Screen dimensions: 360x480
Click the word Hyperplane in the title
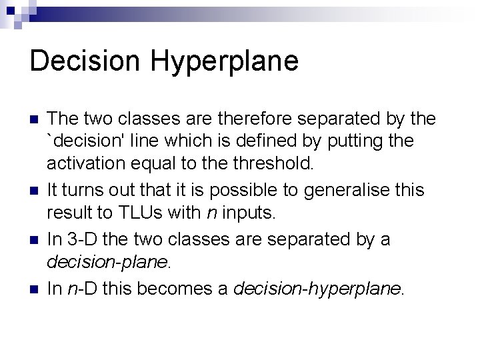coord(224,61)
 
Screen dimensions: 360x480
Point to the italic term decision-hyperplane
coord(317,289)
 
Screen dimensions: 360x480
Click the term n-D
coord(81,289)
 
